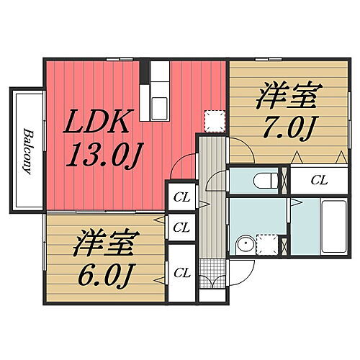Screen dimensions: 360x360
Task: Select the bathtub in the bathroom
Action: tap(333, 227)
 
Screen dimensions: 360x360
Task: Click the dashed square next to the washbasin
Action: tap(267, 245)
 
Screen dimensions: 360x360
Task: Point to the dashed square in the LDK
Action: tap(214, 120)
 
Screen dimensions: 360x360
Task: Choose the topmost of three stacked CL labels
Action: tap(181, 197)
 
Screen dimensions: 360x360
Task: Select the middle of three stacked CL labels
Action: tap(181, 228)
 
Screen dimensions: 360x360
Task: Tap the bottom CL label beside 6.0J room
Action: tap(181, 272)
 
